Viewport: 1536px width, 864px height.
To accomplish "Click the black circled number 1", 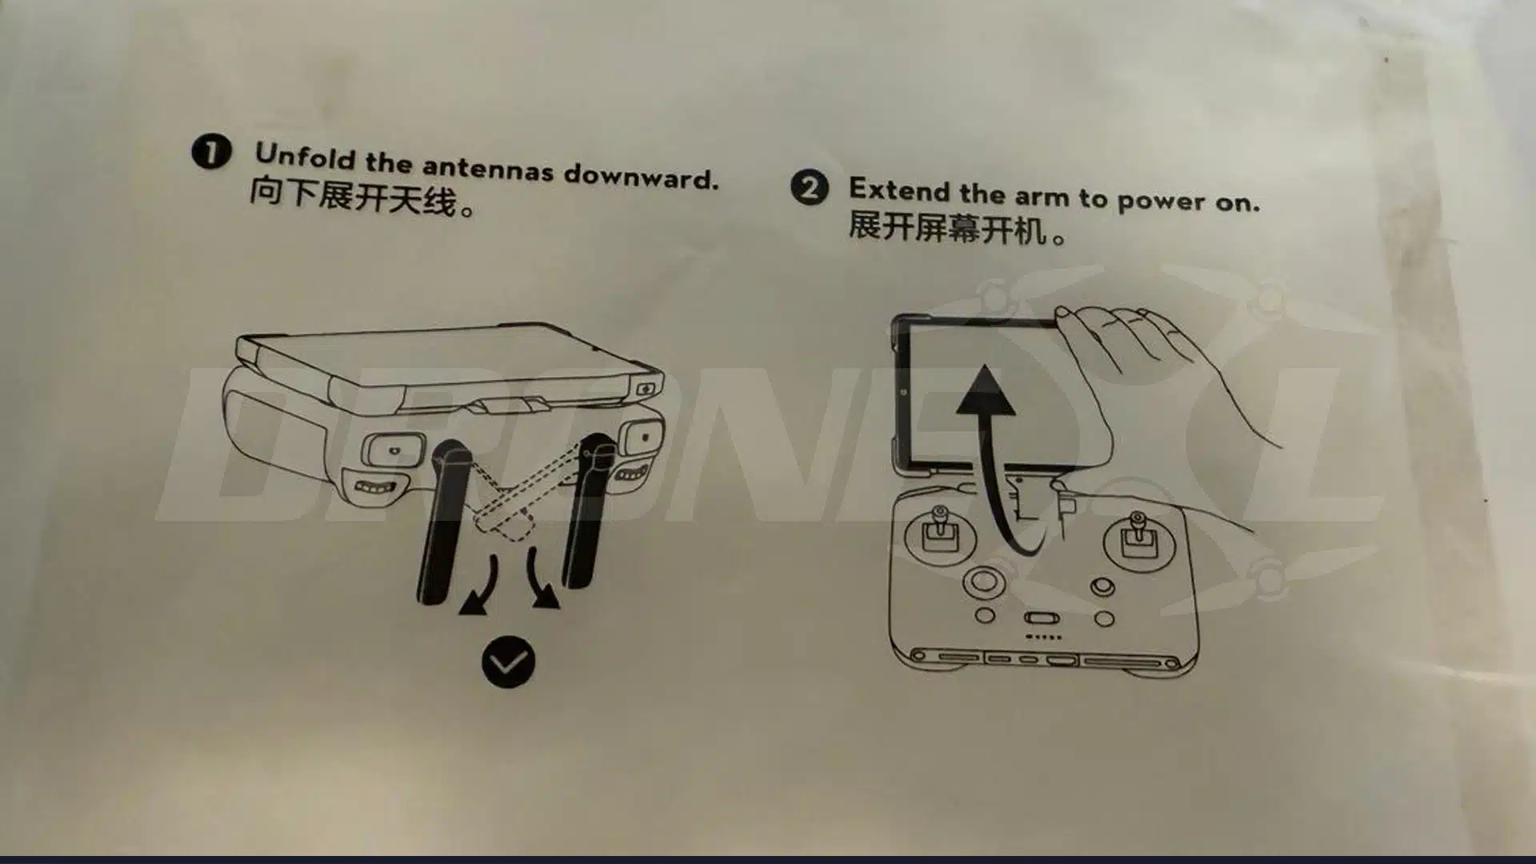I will coord(211,151).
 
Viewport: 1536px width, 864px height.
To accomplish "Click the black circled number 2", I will coord(809,189).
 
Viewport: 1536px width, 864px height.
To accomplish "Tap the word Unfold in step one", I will coord(304,156).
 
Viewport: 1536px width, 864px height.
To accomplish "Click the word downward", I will coord(640,177).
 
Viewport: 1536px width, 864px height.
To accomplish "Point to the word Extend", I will coord(899,190).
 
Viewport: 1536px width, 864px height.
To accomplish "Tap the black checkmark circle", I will coord(508,662).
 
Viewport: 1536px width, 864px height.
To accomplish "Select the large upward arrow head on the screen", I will coord(985,392).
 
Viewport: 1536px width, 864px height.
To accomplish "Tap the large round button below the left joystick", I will coord(984,581).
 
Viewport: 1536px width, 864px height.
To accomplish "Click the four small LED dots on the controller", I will coord(1043,638).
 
